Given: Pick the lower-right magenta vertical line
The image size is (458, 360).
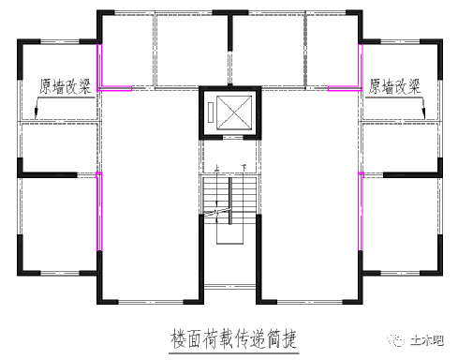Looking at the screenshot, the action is [360, 212].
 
